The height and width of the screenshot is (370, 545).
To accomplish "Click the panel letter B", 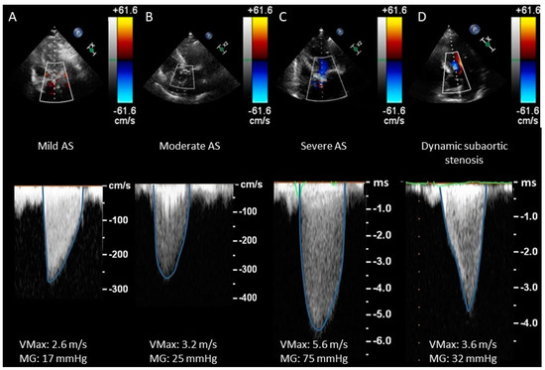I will point(150,16).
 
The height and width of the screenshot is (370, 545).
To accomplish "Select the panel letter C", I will point(283,16).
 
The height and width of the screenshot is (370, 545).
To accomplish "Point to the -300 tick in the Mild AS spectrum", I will point(118,289).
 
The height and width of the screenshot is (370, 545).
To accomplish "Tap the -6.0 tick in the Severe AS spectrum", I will point(382,339).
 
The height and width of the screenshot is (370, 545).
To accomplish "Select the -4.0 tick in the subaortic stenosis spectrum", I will point(521,323).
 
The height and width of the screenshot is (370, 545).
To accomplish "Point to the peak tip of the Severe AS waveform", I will point(317,331).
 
